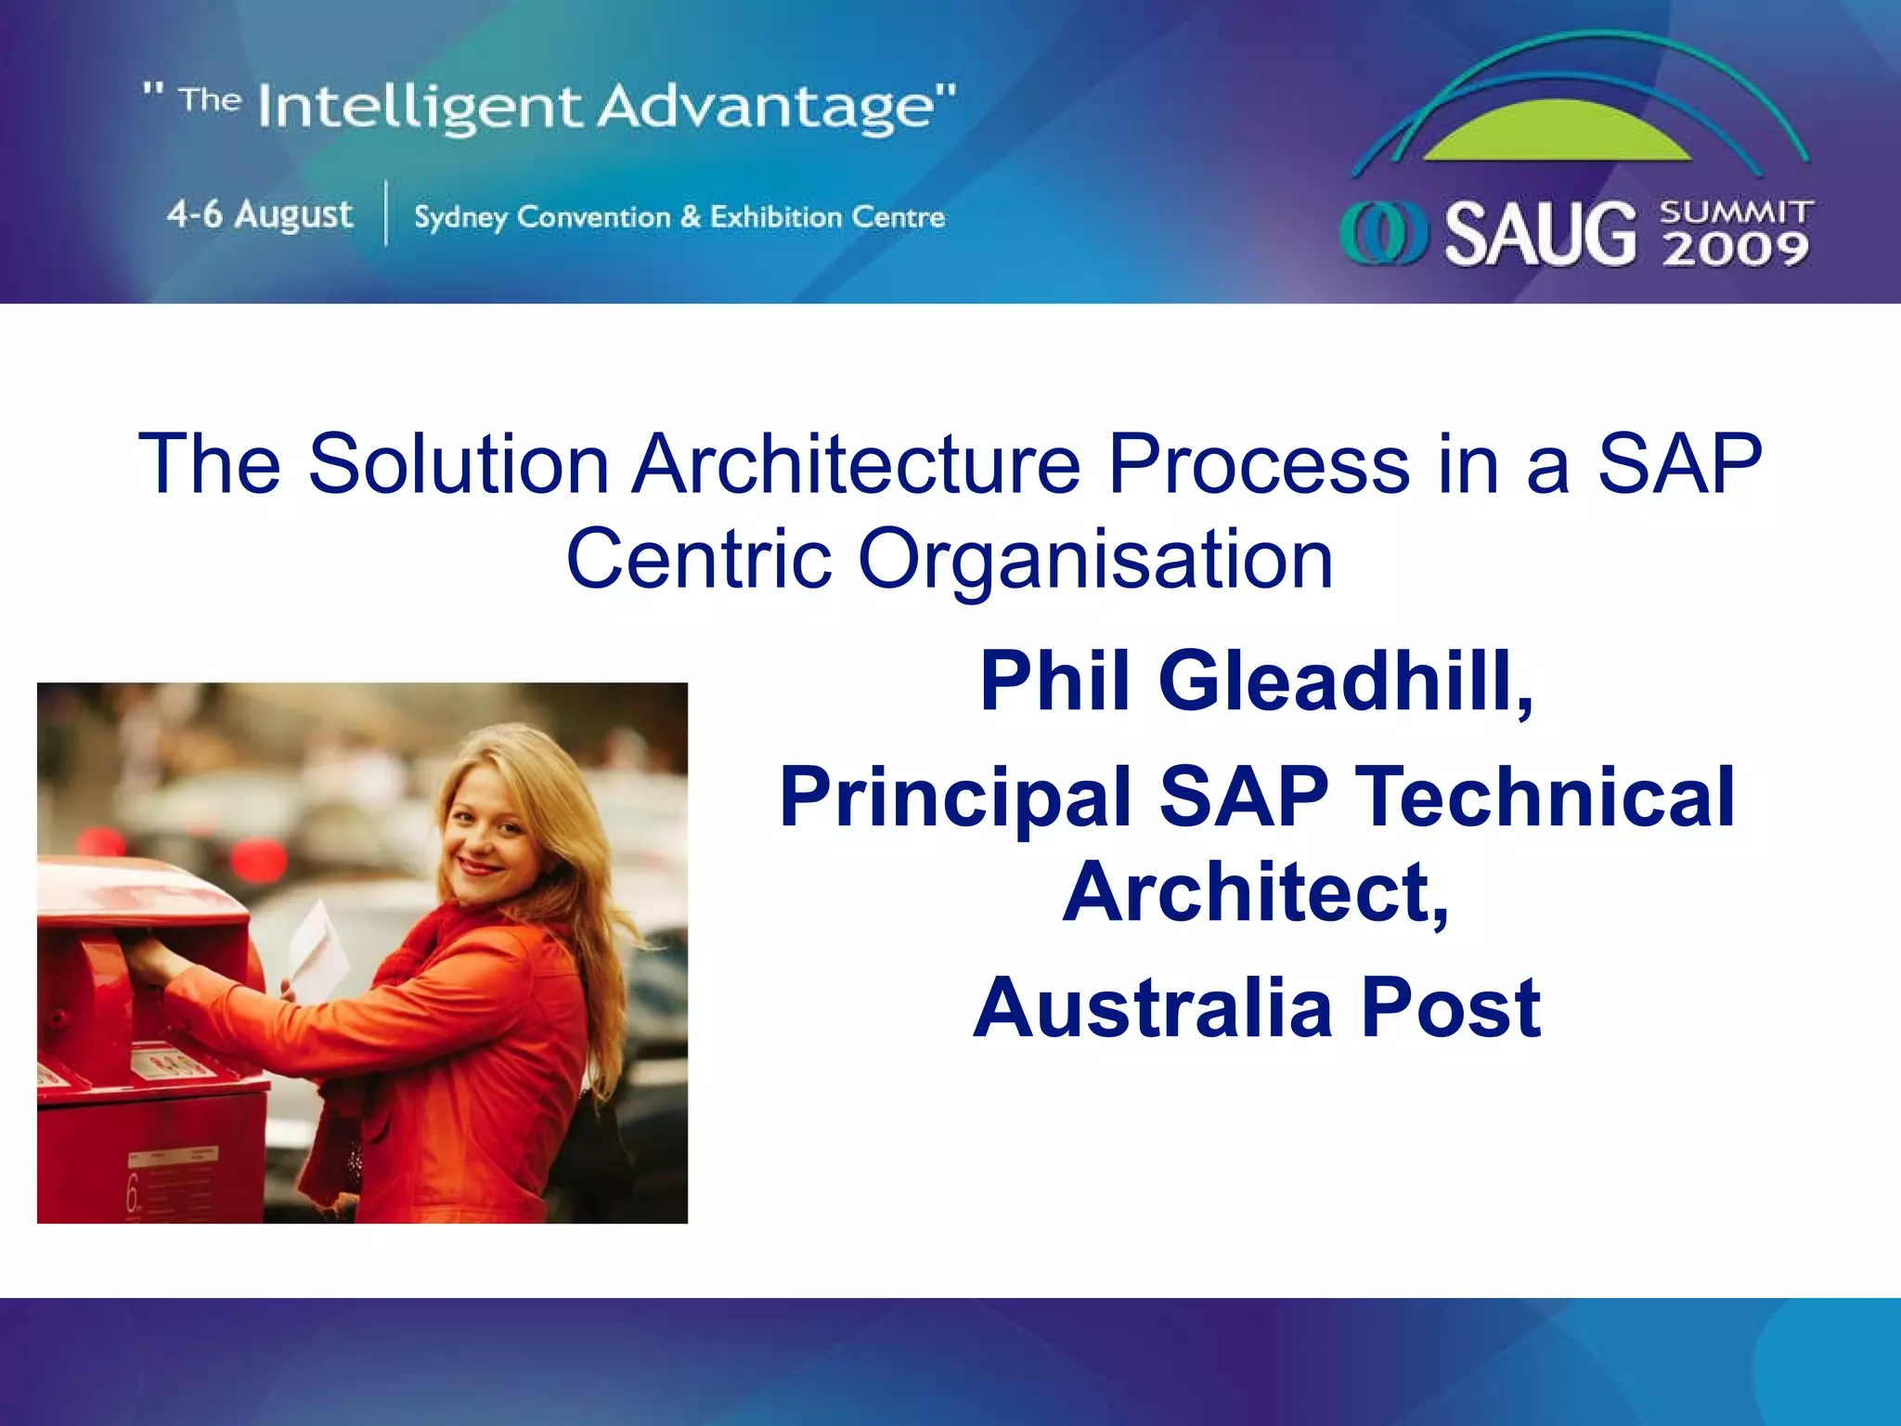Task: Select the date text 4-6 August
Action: [x=260, y=214]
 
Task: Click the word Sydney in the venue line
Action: [x=460, y=218]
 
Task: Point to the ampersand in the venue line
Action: [x=690, y=217]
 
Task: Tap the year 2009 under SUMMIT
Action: [x=1736, y=250]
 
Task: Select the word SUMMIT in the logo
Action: [x=1736, y=213]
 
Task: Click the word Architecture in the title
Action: [x=856, y=463]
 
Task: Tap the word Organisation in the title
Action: [x=1095, y=559]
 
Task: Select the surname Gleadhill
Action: [x=1346, y=681]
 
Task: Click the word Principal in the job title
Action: [x=956, y=797]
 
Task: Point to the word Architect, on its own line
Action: [x=1256, y=892]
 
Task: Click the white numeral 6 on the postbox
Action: [x=133, y=1193]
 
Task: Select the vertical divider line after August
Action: [x=385, y=214]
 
